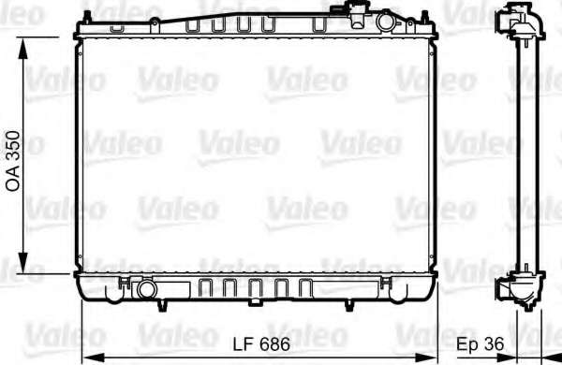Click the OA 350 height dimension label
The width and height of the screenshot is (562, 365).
tap(13, 161)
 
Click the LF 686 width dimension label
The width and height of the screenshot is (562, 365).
tap(261, 344)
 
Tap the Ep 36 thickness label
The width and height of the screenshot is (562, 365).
tap(481, 344)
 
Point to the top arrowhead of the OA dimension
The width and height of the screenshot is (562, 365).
tap(23, 49)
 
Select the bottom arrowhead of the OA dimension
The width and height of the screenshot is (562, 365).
tap(23, 263)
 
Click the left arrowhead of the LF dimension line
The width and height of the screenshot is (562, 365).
tap(93, 358)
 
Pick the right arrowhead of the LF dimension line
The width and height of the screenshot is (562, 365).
tap(426, 358)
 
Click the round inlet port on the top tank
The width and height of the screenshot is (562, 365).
tap(385, 22)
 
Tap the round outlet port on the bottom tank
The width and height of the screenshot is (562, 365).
tap(147, 289)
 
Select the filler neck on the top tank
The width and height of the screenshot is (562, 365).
tap(358, 14)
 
